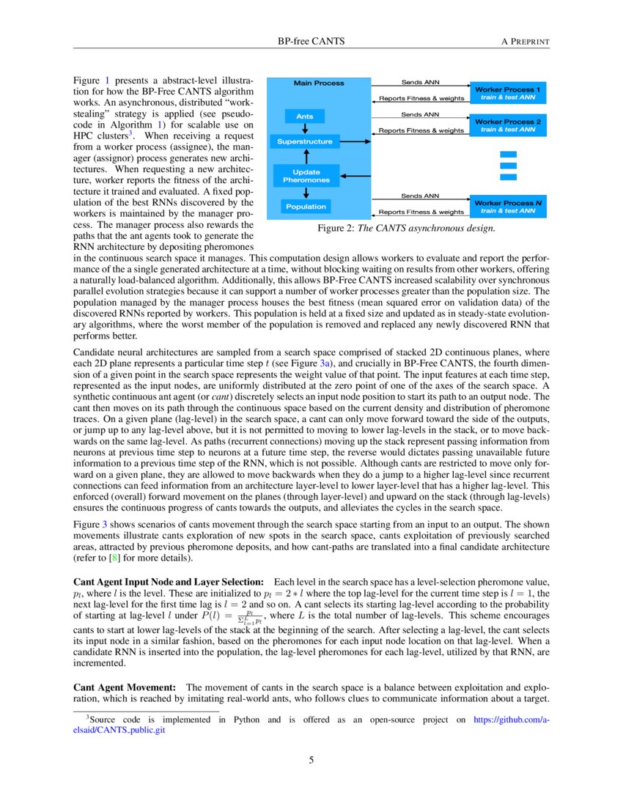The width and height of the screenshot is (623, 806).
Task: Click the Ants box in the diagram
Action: [305, 117]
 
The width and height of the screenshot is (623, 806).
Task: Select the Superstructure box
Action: [305, 141]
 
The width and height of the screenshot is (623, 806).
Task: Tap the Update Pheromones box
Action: [306, 176]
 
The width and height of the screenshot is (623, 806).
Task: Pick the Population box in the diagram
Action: [306, 207]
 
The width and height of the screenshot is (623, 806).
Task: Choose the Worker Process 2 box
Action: [508, 125]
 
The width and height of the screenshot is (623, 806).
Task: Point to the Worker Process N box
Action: [508, 207]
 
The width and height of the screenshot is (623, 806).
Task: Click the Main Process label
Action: [319, 83]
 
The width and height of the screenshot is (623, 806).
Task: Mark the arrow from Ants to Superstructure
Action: [305, 128]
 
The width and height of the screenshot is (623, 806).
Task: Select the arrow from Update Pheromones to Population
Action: [305, 193]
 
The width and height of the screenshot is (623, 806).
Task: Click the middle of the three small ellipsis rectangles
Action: [508, 166]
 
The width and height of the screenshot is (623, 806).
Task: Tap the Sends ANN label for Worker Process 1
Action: [420, 82]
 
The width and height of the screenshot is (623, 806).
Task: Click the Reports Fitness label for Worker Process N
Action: [421, 212]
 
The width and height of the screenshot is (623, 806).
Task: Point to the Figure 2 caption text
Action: [406, 229]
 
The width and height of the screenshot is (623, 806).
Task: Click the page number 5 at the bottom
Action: [311, 760]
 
